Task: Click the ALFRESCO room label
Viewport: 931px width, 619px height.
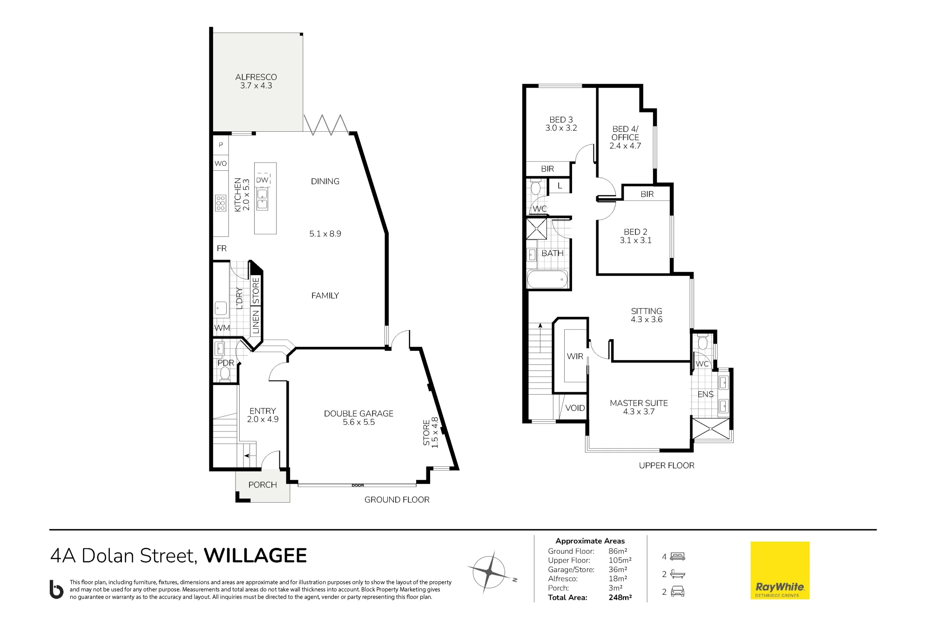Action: (x=256, y=77)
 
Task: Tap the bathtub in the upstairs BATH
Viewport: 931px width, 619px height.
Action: (x=547, y=279)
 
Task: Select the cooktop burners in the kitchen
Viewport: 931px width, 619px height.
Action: (x=221, y=203)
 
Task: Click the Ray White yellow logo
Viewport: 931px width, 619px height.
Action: (x=780, y=570)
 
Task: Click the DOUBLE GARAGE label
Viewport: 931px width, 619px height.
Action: (x=359, y=413)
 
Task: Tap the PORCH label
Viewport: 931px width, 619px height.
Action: (x=263, y=485)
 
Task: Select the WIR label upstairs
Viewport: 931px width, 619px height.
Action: (x=575, y=356)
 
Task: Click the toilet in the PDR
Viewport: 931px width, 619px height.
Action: (x=225, y=374)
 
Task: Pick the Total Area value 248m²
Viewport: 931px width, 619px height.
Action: (x=620, y=598)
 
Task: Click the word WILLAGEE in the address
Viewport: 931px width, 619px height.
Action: (x=256, y=556)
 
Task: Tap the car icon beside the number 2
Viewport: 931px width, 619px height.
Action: (x=678, y=592)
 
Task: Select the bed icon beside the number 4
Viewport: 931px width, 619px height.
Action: (x=678, y=557)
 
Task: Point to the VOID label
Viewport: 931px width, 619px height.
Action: (x=575, y=408)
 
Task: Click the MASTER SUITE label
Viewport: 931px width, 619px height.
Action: (x=639, y=403)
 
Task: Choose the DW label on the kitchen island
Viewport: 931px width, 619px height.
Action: (x=263, y=180)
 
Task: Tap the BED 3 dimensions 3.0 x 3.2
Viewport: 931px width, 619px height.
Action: (x=561, y=128)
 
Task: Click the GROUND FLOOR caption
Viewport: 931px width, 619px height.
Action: (x=397, y=500)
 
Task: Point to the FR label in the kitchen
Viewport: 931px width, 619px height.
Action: (x=222, y=249)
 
